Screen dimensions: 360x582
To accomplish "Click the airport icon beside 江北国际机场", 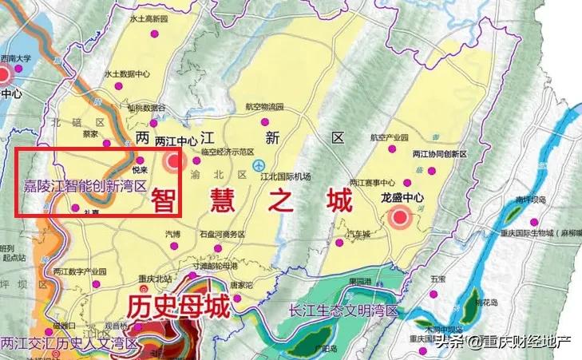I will (259, 164).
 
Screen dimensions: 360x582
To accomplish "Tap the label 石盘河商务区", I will (221, 235).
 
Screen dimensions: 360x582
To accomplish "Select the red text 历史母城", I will (180, 306).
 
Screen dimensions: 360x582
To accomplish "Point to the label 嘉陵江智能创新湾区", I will (85, 186).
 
